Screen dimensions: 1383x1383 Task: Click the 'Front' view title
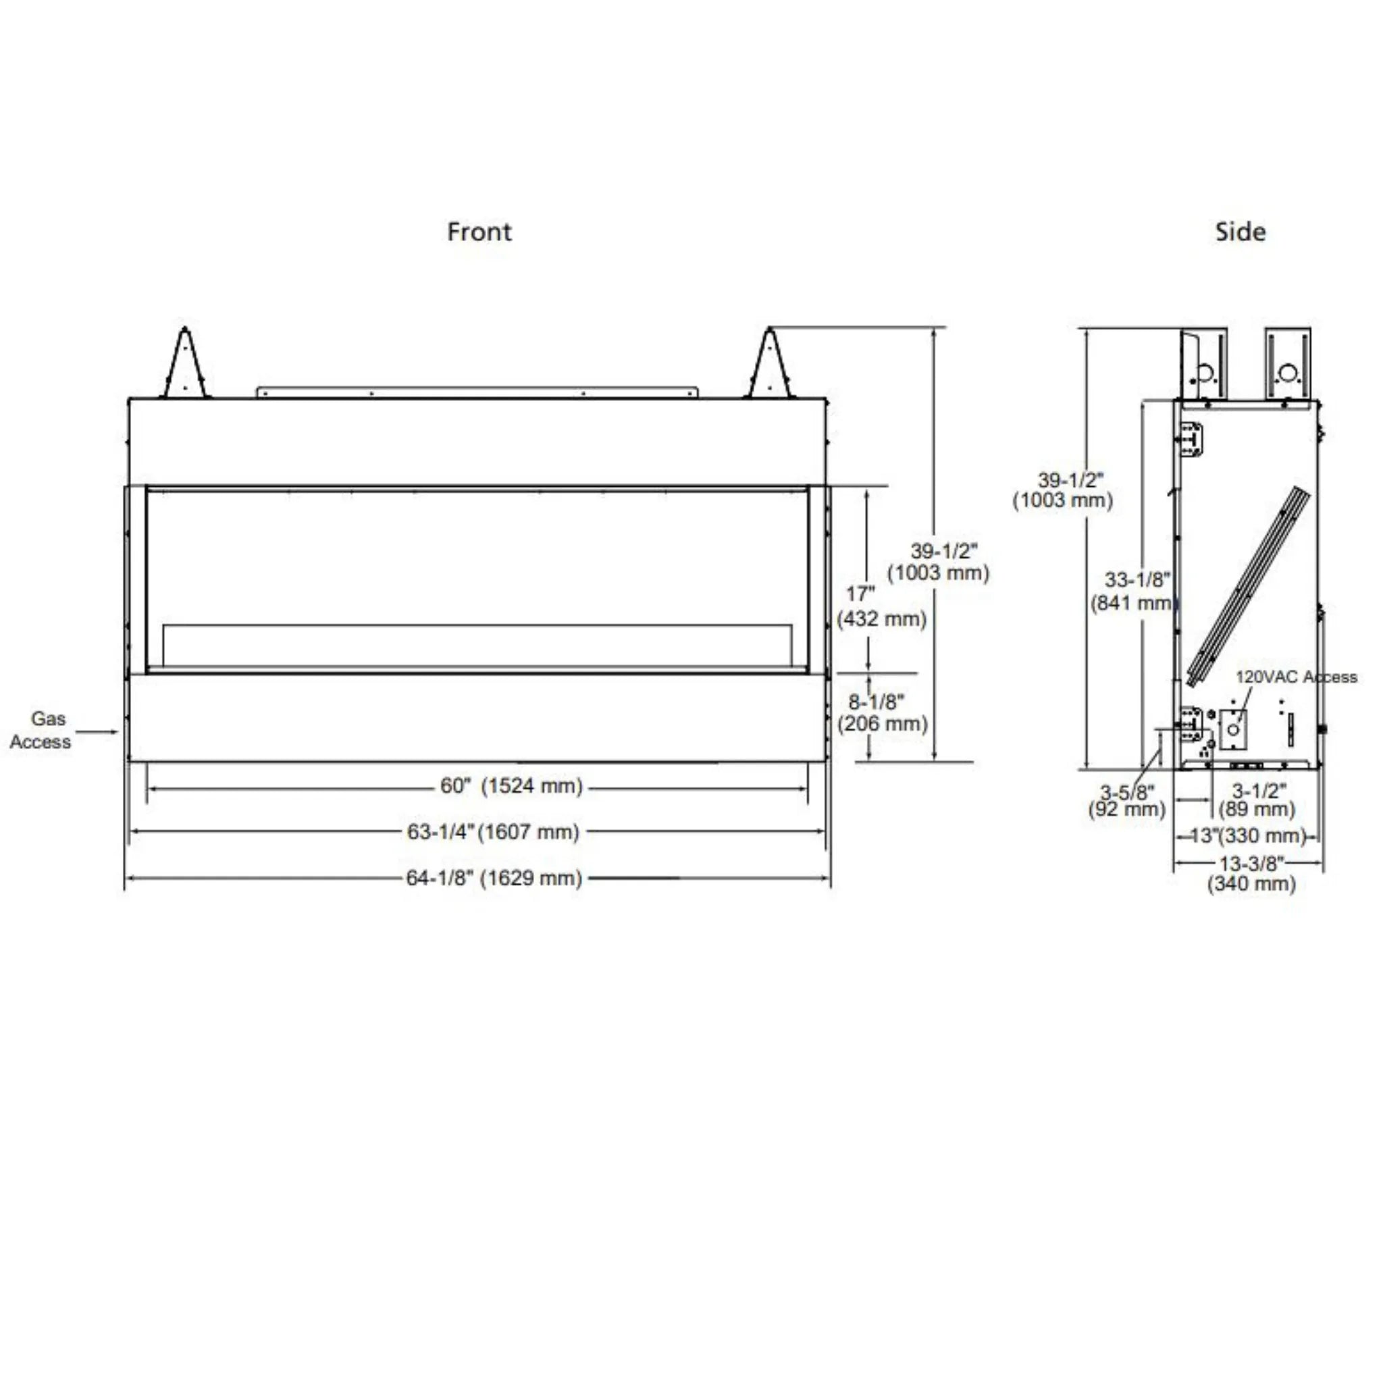(479, 232)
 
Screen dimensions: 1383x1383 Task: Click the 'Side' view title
(1240, 232)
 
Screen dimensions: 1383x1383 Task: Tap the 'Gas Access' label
(41, 730)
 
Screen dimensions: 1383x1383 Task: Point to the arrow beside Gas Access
(97, 731)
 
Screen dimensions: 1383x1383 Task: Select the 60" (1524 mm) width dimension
(511, 786)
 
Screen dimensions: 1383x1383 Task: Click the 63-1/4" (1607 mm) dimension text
(492, 832)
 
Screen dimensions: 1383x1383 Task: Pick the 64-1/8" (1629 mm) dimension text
(494, 878)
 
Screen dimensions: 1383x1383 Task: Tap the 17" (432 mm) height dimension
(881, 606)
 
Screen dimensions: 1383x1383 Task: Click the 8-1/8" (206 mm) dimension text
(883, 712)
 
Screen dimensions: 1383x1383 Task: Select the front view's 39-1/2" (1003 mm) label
(939, 562)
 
